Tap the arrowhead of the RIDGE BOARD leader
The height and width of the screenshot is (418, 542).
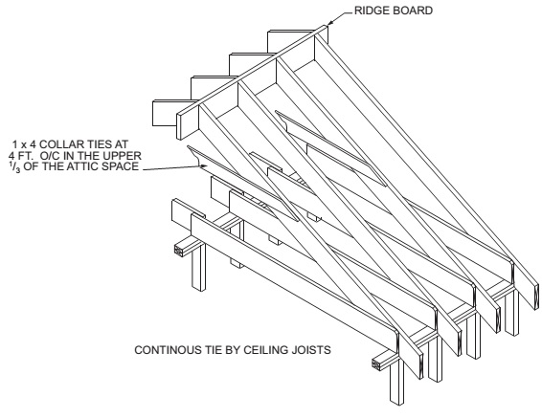click(329, 23)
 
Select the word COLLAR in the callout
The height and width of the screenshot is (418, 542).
click(62, 143)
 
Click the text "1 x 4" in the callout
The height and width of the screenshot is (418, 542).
click(27, 143)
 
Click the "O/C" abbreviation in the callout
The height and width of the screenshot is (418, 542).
click(50, 155)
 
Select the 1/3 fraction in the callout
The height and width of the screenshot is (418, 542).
click(15, 167)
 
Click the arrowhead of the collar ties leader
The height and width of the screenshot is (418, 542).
click(204, 166)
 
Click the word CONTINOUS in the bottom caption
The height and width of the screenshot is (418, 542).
click(165, 350)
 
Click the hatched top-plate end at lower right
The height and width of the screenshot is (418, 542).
click(377, 364)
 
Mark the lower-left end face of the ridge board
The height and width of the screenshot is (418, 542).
click(180, 126)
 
